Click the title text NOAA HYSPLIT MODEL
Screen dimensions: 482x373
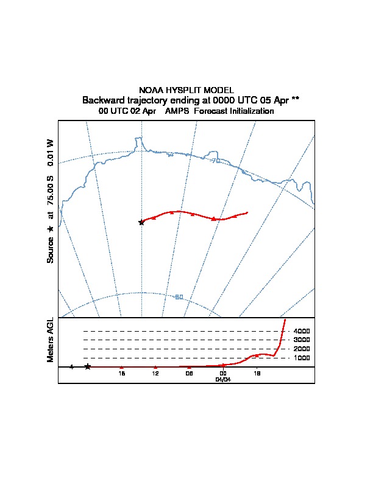pyautogui.click(x=187, y=90)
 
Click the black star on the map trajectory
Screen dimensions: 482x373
pyautogui.click(x=141, y=222)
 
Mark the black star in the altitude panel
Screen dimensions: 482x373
pyautogui.click(x=88, y=366)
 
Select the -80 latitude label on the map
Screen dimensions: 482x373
pyautogui.click(x=179, y=297)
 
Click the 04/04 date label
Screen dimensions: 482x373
pyautogui.click(x=223, y=379)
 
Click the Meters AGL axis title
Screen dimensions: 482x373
pyautogui.click(x=51, y=340)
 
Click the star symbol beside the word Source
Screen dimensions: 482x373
pyautogui.click(x=51, y=229)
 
